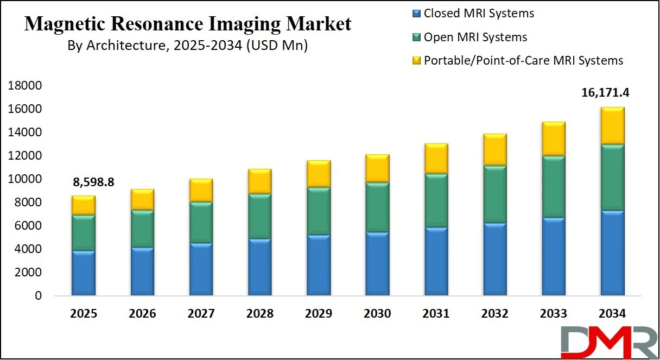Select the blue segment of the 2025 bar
pyautogui.click(x=84, y=273)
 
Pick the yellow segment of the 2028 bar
pyautogui.click(x=259, y=181)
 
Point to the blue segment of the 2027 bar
pyautogui.click(x=201, y=269)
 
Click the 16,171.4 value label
pyautogui.click(x=606, y=93)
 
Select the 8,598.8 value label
pyautogui.click(x=93, y=182)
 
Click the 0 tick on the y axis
pyautogui.click(x=38, y=296)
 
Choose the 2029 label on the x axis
pyautogui.click(x=319, y=314)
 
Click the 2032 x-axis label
pyautogui.click(x=494, y=314)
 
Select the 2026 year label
pyautogui.click(x=142, y=314)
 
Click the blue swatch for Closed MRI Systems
pyautogui.click(x=416, y=14)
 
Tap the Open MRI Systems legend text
pyautogui.click(x=475, y=37)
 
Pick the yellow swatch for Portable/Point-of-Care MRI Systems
pyautogui.click(x=416, y=60)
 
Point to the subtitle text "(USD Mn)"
pyautogui.click(x=277, y=46)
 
